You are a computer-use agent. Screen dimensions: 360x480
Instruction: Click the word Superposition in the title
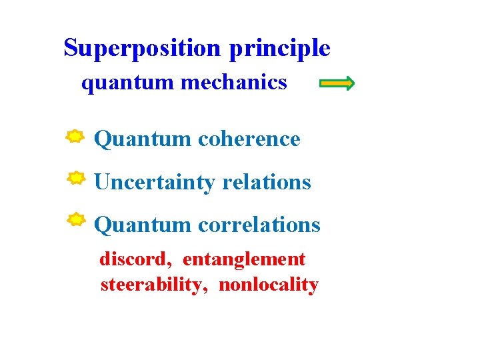141,48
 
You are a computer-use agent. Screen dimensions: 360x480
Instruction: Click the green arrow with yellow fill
337,83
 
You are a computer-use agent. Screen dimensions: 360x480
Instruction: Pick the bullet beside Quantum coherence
75,137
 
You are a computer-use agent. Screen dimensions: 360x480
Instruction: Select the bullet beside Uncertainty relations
77,178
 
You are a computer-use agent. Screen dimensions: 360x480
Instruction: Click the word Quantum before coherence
142,139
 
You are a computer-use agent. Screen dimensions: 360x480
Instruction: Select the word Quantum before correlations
142,225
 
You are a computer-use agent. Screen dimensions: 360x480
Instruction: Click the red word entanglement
243,259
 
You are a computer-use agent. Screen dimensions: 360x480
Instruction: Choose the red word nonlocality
268,285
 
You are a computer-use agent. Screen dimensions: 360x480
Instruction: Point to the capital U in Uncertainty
101,182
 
